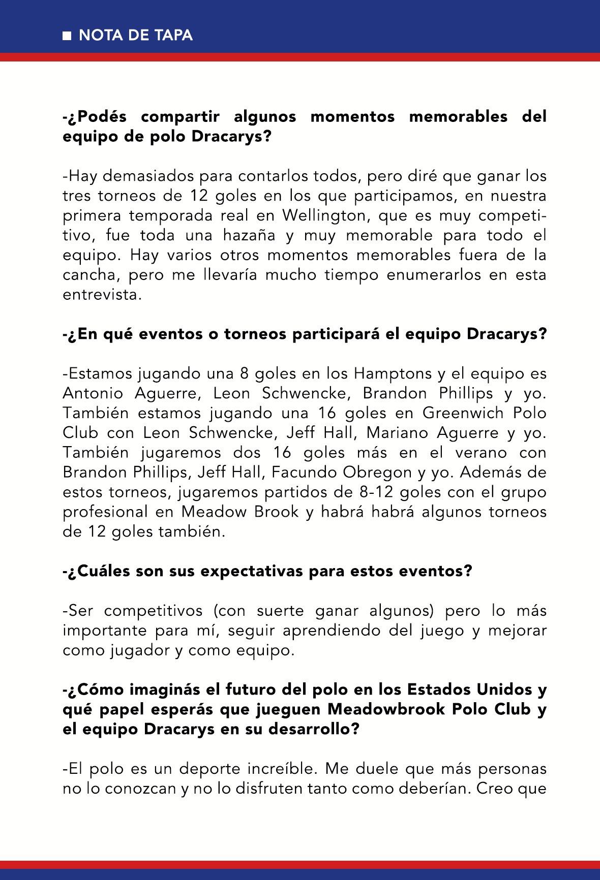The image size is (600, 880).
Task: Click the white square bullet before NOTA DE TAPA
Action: pyautogui.click(x=67, y=36)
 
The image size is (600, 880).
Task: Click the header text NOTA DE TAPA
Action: pyautogui.click(x=136, y=35)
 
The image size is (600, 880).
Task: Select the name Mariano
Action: pyautogui.click(x=398, y=433)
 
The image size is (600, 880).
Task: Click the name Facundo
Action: pyautogui.click(x=305, y=473)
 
